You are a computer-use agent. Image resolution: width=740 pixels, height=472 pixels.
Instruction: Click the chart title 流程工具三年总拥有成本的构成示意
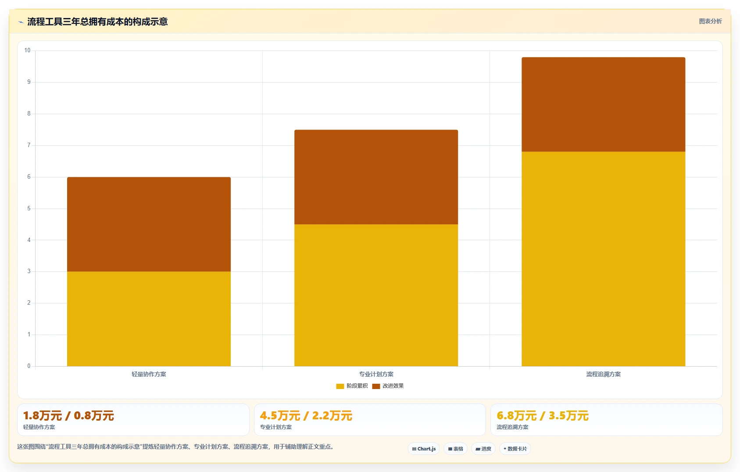click(97, 22)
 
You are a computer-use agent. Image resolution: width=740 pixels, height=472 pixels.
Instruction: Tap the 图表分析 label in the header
click(710, 22)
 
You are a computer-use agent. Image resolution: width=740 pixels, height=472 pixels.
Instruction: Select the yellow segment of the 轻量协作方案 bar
click(149, 319)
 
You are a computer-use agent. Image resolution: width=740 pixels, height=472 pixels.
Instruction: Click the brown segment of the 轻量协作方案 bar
click(149, 224)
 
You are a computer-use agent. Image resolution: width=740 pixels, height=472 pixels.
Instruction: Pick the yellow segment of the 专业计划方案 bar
click(376, 295)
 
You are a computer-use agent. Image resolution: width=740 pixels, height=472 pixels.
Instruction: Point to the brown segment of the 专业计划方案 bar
click(376, 177)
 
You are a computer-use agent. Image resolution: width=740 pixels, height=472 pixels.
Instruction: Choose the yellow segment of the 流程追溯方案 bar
click(603, 259)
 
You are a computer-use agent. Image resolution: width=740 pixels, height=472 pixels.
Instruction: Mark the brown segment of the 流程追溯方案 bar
click(603, 104)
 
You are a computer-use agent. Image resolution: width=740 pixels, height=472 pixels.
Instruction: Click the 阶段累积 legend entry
click(352, 386)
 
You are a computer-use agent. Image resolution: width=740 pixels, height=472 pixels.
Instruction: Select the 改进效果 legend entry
click(388, 386)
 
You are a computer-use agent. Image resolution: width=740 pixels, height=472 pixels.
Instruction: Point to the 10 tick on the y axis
click(27, 50)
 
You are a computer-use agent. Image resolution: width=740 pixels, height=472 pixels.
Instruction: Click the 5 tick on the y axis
click(29, 209)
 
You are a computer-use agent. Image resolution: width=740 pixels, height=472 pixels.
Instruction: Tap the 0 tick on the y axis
click(29, 366)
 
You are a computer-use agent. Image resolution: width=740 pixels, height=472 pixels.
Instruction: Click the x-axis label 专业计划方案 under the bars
click(376, 374)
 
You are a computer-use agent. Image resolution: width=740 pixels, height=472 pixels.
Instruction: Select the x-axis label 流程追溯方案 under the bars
click(603, 374)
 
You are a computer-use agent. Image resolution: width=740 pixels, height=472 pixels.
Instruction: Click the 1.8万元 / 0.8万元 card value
click(68, 415)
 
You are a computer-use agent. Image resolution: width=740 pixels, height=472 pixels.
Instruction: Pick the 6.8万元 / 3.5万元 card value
click(543, 415)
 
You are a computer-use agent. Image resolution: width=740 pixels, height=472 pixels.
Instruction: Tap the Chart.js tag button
click(424, 449)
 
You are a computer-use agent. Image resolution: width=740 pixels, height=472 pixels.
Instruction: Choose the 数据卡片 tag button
click(515, 449)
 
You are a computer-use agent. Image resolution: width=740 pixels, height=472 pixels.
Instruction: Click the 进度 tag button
click(483, 449)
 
